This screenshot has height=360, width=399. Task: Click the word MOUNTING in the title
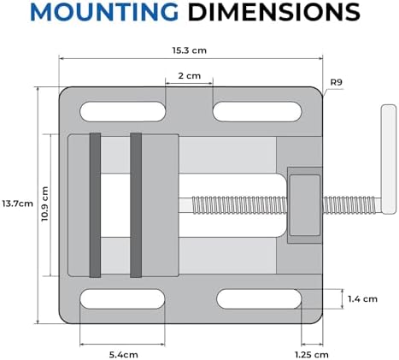click(104, 12)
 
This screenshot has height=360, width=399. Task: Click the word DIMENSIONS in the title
click(274, 12)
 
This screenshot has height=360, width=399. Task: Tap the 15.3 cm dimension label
click(189, 50)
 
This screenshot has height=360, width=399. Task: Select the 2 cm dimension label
click(190, 76)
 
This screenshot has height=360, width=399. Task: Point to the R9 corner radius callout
click(336, 82)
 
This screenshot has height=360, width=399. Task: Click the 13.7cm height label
click(17, 204)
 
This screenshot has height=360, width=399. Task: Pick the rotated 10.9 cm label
click(44, 204)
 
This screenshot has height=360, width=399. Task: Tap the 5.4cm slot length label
click(124, 355)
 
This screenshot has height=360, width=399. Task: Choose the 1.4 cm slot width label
click(362, 299)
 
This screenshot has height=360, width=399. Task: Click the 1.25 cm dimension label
click(312, 355)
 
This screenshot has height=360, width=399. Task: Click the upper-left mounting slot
click(123, 111)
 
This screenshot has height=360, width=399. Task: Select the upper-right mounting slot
click(257, 111)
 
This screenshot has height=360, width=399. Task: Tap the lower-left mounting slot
click(123, 299)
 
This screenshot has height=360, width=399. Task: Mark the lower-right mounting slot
click(259, 299)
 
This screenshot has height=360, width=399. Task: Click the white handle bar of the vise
click(389, 159)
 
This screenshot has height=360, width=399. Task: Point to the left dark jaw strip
click(95, 205)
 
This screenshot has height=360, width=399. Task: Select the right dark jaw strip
click(136, 205)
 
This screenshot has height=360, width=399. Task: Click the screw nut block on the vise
click(305, 205)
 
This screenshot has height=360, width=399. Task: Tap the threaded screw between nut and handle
click(352, 205)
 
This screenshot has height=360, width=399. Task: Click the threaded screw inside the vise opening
click(239, 205)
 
